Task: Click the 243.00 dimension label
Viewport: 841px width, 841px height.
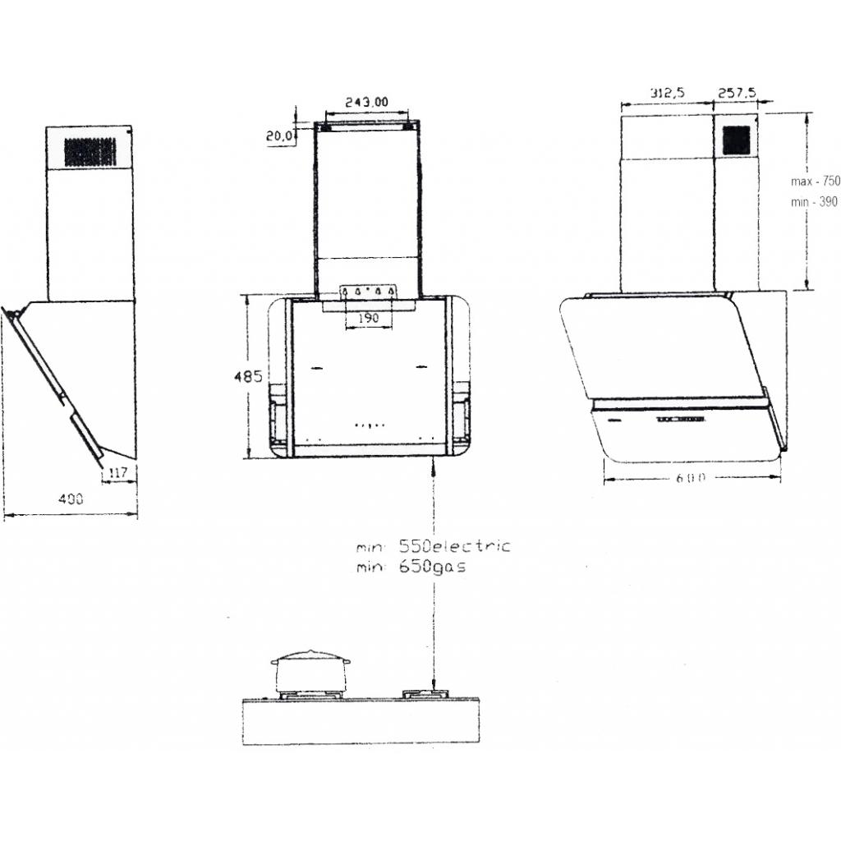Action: tap(366, 101)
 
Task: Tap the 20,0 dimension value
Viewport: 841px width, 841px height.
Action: tap(279, 136)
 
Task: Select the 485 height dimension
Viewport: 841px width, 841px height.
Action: tap(248, 376)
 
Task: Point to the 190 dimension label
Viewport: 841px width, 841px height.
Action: tap(369, 318)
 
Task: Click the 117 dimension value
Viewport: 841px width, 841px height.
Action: tap(117, 472)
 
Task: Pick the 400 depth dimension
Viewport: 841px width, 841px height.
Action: tap(71, 499)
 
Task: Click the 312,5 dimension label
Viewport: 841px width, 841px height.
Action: tap(667, 93)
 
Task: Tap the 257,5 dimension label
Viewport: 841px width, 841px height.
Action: tap(737, 93)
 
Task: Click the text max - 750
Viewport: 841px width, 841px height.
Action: tap(816, 182)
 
